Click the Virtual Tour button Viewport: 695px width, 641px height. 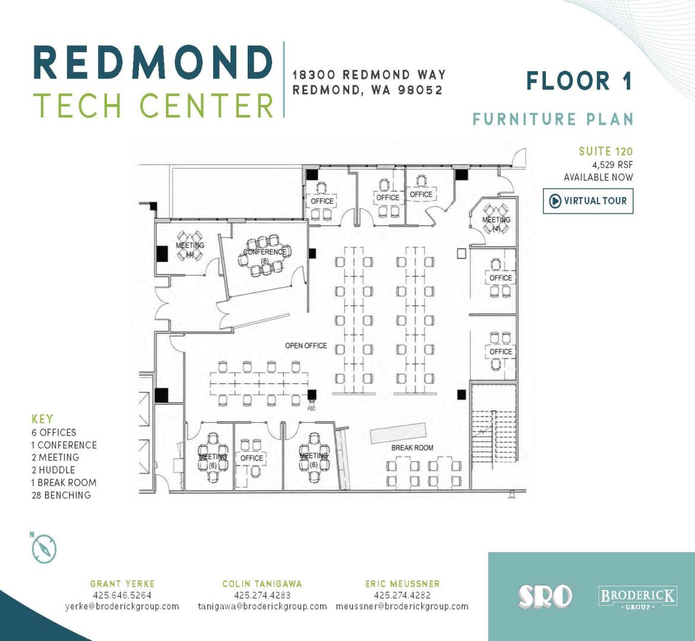click(x=588, y=201)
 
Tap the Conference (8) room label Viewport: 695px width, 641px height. click(x=265, y=256)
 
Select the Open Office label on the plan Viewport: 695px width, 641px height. click(x=306, y=345)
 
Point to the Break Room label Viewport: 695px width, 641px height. click(x=412, y=448)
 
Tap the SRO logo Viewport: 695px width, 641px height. click(x=545, y=596)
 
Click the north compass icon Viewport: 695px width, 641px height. click(x=44, y=548)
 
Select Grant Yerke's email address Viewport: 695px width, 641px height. click(x=122, y=607)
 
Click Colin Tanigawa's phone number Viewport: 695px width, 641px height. click(x=262, y=595)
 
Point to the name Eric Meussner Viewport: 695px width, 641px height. click(x=403, y=584)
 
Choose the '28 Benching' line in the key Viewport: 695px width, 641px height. click(x=61, y=495)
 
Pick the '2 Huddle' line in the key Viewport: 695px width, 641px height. click(x=53, y=470)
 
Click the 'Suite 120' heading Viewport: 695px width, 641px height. click(x=606, y=151)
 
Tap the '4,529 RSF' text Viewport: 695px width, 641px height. click(x=612, y=165)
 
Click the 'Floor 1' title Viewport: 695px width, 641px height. click(x=579, y=81)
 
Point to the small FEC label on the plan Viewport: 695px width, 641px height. click(x=312, y=409)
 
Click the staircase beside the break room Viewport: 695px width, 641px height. click(x=494, y=436)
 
